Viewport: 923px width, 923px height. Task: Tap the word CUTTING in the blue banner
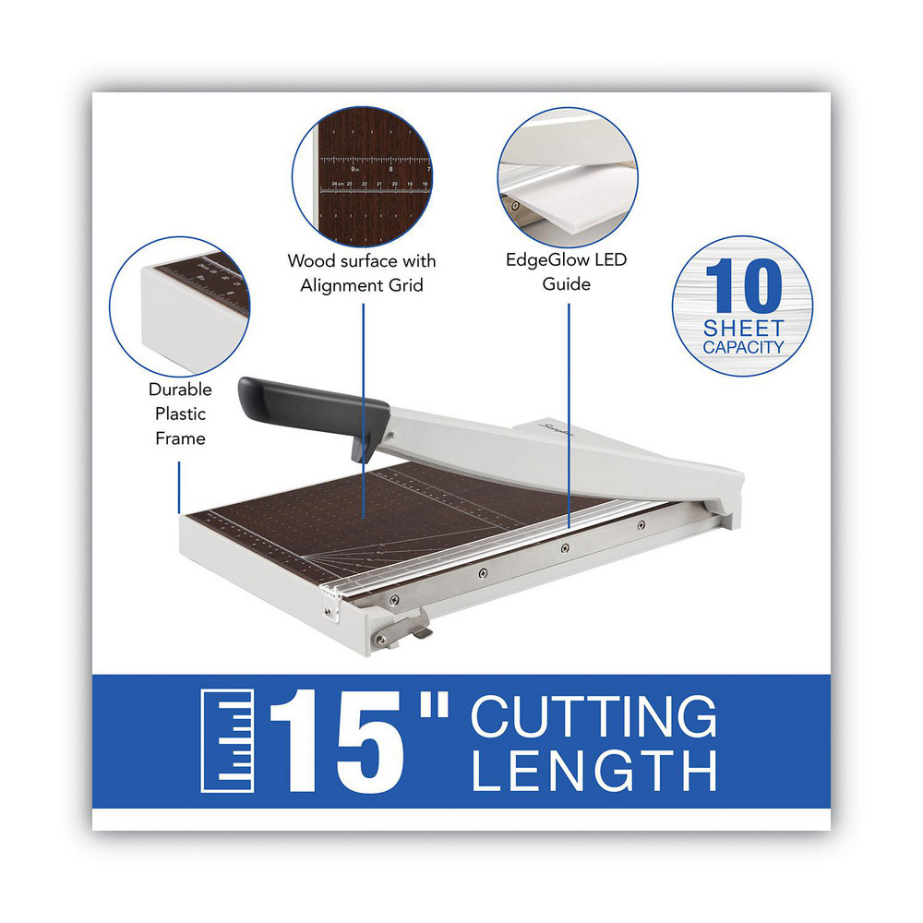(593, 715)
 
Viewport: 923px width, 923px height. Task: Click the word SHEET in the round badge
(743, 329)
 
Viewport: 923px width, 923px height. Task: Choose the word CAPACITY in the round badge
(743, 348)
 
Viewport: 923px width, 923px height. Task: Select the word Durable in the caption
(180, 390)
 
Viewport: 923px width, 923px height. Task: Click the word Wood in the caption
(307, 261)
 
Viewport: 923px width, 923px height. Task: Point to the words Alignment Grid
(362, 285)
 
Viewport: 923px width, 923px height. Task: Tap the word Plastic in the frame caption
(180, 414)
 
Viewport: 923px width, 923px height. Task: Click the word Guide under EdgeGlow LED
(567, 284)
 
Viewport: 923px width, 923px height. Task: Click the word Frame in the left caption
(180, 438)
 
